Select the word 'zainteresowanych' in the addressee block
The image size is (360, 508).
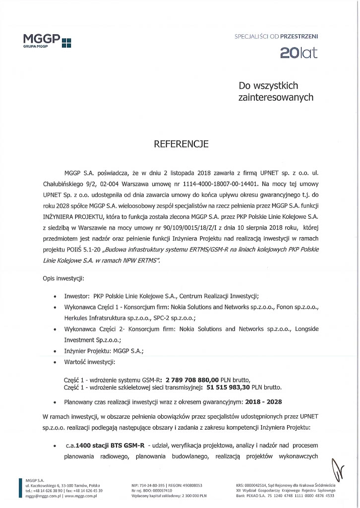(276, 98)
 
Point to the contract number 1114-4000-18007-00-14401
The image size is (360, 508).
(216, 182)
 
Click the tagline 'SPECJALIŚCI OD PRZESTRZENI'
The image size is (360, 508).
(276, 36)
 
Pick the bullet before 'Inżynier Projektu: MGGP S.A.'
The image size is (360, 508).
(54, 351)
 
